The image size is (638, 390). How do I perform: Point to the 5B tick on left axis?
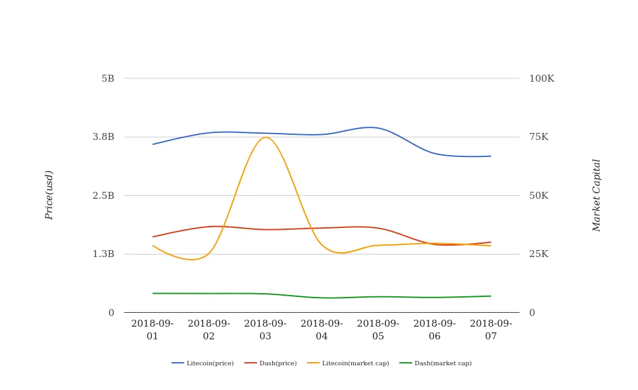108,79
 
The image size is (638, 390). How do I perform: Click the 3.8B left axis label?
104,137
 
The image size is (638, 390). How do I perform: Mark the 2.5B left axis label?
104,196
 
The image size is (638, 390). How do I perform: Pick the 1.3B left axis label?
104,254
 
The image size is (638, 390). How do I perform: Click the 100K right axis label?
542,79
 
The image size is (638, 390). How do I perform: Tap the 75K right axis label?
539,137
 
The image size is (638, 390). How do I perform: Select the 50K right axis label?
539,196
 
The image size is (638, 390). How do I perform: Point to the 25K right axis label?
539,254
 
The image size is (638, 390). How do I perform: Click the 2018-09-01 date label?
153,330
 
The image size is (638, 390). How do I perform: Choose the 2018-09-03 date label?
265,330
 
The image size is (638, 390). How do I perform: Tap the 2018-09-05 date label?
378,330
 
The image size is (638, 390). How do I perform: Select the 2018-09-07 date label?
491,330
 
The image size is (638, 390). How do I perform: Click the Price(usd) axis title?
49,195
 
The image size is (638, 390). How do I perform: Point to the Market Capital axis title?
596,195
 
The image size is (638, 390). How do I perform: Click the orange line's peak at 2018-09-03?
265,137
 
